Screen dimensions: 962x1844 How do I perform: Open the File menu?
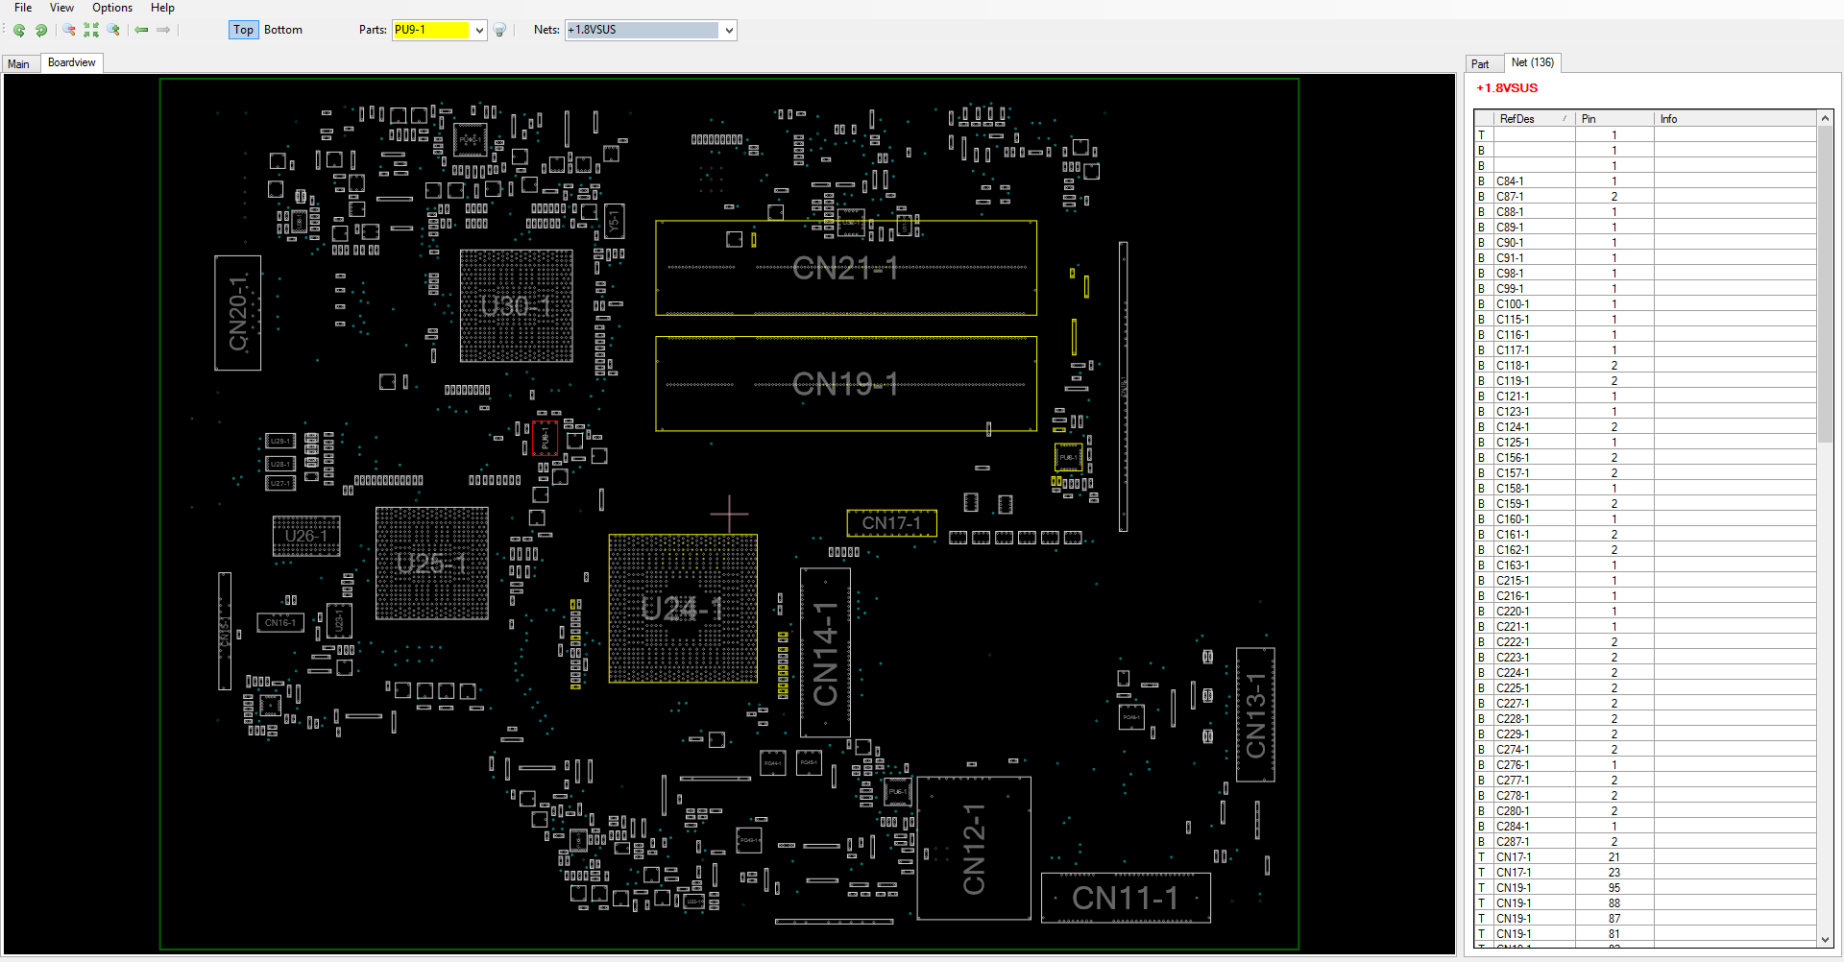(23, 8)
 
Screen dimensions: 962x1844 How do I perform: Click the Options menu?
(112, 8)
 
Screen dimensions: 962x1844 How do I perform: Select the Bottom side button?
(282, 30)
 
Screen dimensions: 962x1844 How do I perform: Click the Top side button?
(243, 30)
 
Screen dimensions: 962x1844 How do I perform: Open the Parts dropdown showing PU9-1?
(478, 30)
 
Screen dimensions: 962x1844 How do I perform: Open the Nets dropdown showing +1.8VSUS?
(729, 30)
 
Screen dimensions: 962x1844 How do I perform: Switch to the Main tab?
(19, 64)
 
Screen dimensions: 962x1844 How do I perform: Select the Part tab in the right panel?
(1480, 64)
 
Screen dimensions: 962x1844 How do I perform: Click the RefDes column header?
(1517, 119)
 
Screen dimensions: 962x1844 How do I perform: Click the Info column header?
(1668, 119)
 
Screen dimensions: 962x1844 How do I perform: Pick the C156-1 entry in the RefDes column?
(1513, 458)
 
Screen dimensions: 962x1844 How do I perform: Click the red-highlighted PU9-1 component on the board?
(545, 438)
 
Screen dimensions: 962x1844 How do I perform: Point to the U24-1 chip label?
(682, 609)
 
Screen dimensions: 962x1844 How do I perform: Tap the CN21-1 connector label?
(845, 269)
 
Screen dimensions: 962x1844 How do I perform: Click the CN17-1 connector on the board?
(891, 523)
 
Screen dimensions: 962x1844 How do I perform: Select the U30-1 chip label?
(516, 306)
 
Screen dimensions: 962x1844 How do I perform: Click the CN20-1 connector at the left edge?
(237, 313)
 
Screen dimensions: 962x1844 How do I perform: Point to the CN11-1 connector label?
(1125, 899)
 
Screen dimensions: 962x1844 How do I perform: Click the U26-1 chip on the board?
(306, 536)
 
